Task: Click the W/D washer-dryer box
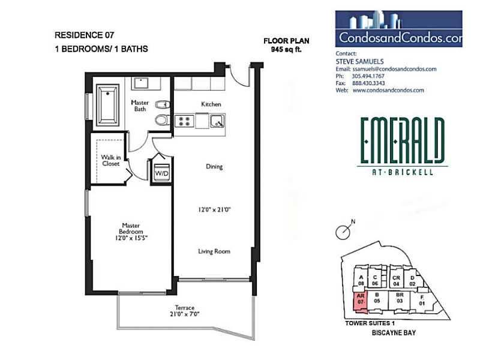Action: click(x=161, y=173)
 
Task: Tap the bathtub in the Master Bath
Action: click(x=107, y=105)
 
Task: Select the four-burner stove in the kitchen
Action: click(x=184, y=121)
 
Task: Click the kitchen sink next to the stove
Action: click(x=217, y=121)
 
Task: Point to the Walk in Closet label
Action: click(x=111, y=160)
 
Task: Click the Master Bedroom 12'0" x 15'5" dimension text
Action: click(x=131, y=238)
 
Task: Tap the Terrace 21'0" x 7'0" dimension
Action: click(x=185, y=314)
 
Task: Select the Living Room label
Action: click(x=214, y=251)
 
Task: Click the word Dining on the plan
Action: click(x=214, y=167)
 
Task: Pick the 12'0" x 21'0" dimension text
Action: click(x=214, y=209)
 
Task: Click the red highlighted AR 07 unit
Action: click(x=361, y=302)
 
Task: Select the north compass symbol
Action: click(x=345, y=230)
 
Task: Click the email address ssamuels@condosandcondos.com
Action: click(x=394, y=69)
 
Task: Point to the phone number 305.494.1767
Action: click(x=368, y=76)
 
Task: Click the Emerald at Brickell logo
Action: click(x=403, y=146)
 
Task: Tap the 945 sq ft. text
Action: click(x=286, y=49)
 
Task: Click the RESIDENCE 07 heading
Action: click(x=84, y=35)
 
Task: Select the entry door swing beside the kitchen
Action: click(x=239, y=76)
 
